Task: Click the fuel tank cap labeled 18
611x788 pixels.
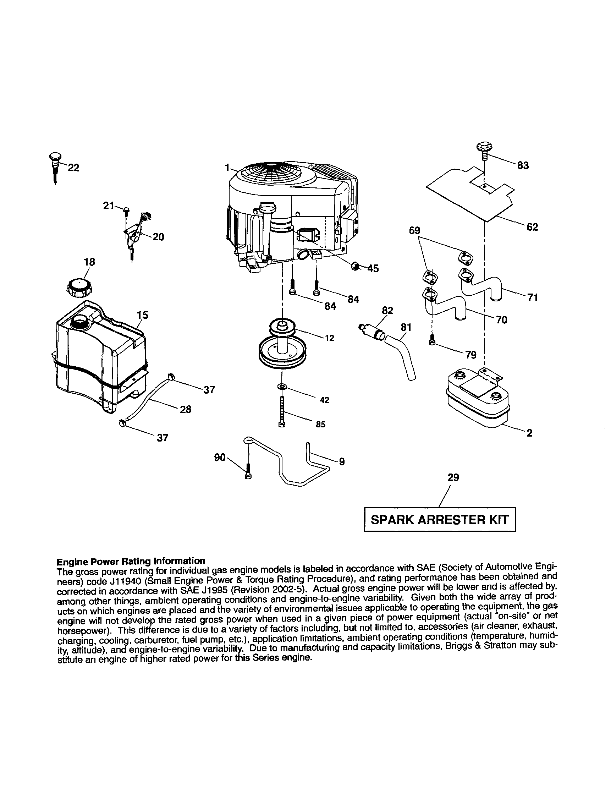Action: (x=79, y=288)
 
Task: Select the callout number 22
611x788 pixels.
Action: (x=73, y=168)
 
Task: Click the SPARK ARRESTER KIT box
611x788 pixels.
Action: (x=439, y=520)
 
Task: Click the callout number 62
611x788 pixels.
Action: (x=532, y=227)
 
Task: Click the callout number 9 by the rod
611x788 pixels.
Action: (x=342, y=461)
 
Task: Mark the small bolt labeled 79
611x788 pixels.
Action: (x=432, y=340)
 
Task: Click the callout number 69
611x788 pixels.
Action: (x=415, y=230)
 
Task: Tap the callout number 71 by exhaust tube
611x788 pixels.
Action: (x=532, y=297)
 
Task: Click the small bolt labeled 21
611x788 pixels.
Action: (x=126, y=210)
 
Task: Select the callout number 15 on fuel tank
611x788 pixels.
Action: (x=143, y=315)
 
